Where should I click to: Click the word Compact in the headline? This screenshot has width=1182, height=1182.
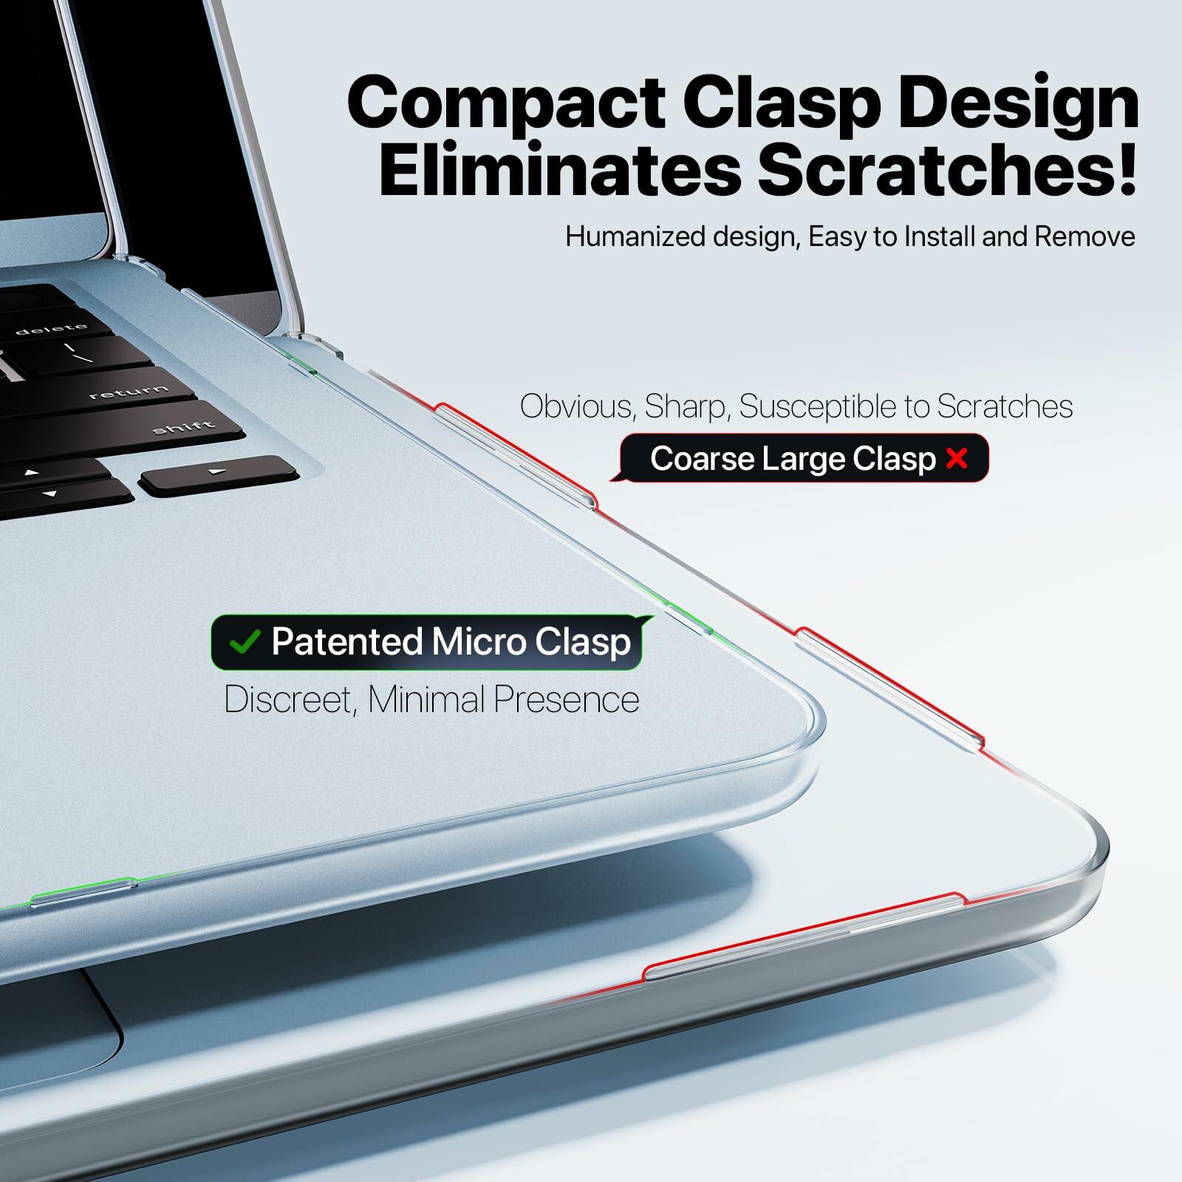(507, 103)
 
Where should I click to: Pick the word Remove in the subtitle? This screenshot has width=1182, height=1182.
(1084, 236)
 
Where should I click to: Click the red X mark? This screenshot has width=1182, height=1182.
(957, 459)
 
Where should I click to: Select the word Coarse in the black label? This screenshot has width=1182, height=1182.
(702, 459)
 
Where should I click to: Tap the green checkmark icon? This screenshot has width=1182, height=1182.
(245, 642)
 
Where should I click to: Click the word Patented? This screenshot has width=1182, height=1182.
(346, 641)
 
